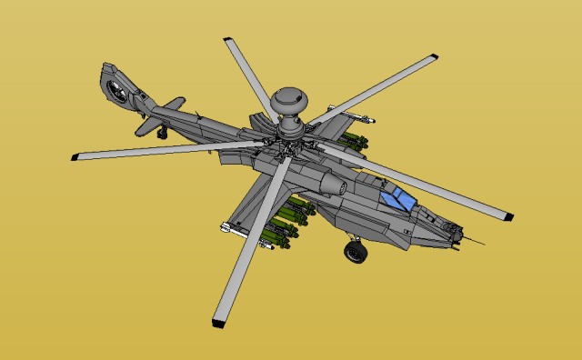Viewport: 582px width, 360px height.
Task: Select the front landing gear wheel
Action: pos(355,252)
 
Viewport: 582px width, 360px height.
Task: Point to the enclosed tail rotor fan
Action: pos(115,89)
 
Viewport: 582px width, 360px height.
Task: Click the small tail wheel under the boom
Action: pos(163,134)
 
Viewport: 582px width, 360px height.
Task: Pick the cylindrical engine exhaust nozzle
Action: pos(335,187)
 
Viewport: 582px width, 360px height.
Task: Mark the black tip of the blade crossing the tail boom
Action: pos(75,156)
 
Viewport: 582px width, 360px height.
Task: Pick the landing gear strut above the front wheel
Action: pos(354,239)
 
